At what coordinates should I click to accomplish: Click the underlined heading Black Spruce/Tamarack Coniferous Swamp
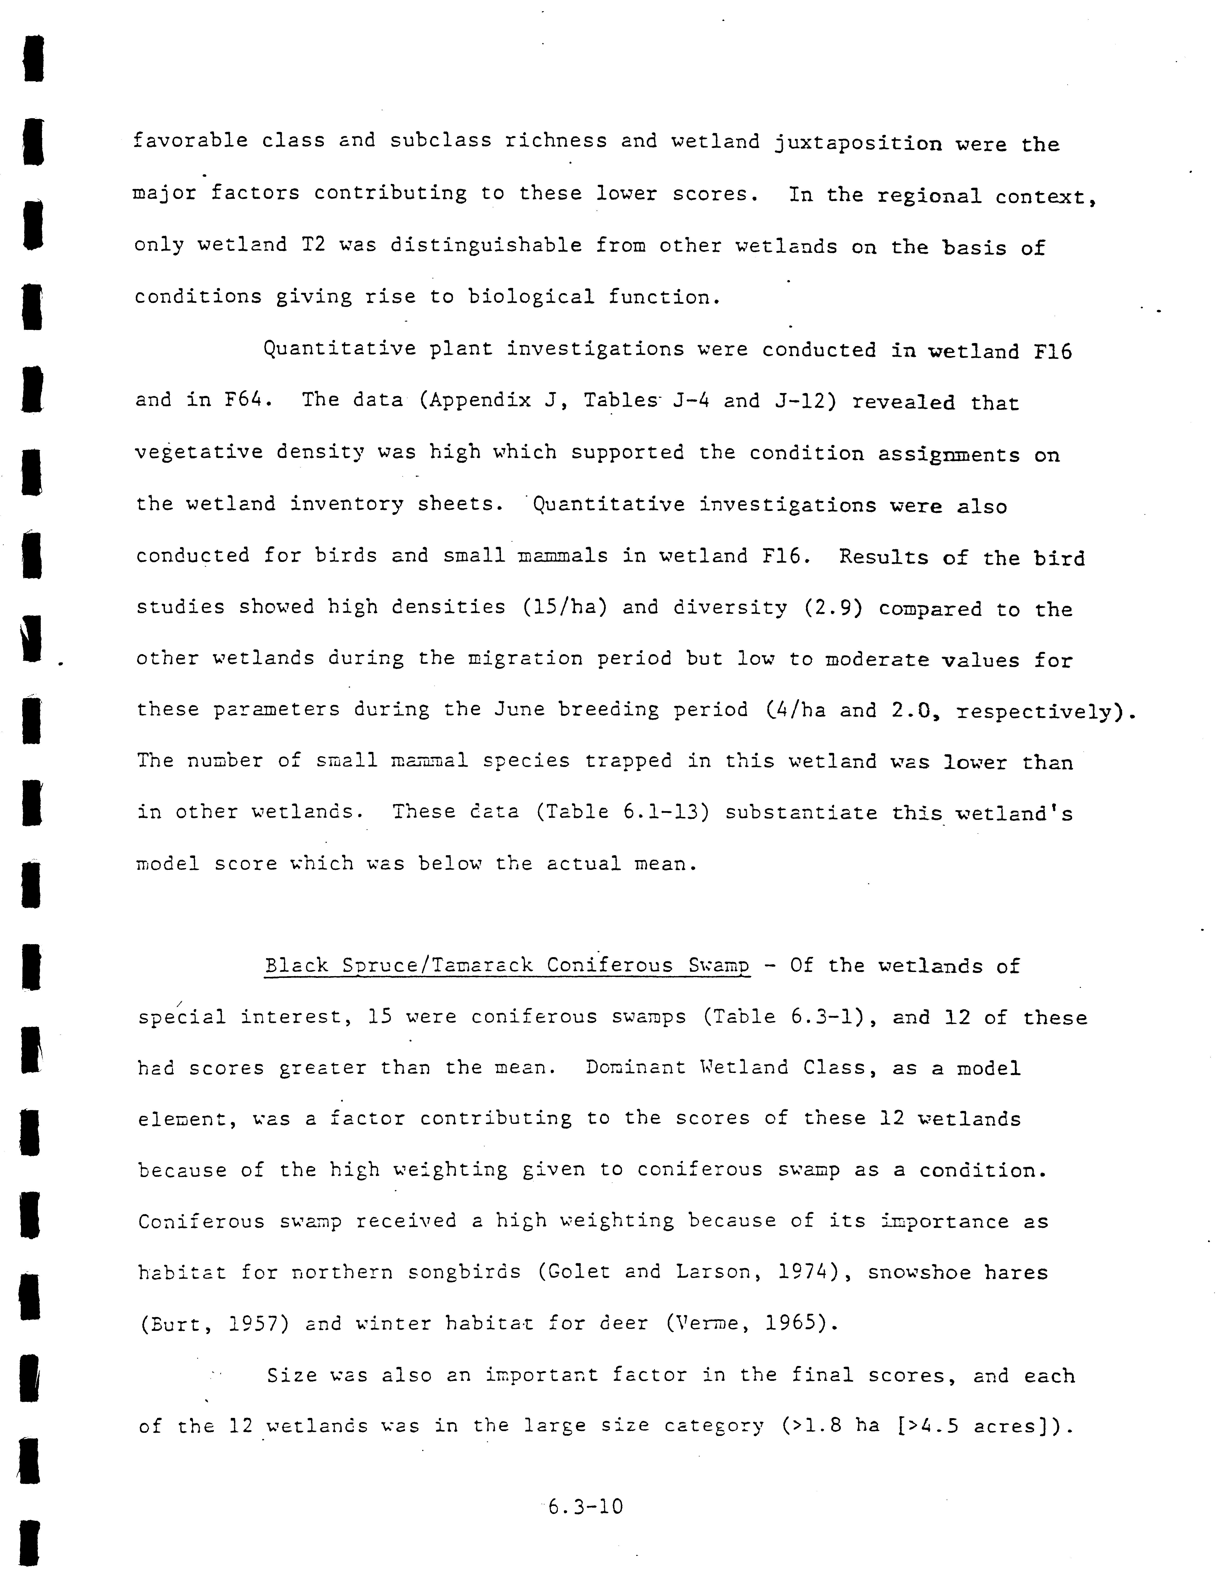click(507, 966)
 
